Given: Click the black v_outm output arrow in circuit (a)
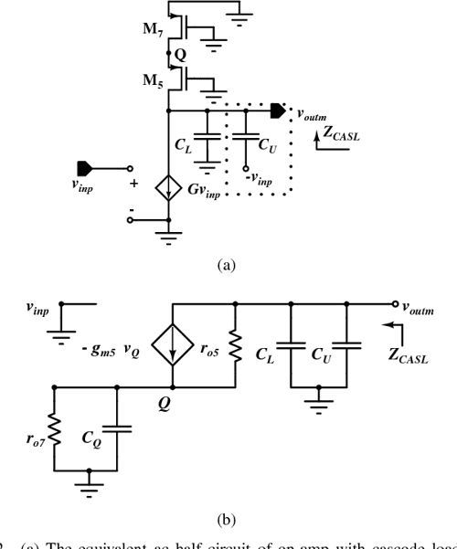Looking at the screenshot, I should [277, 112].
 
